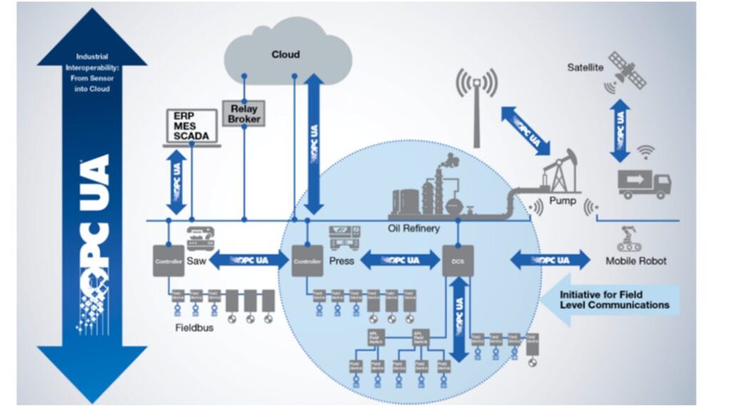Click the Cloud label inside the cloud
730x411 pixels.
click(286, 54)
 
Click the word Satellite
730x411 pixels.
click(585, 68)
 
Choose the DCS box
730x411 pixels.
click(457, 261)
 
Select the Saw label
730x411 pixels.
click(196, 261)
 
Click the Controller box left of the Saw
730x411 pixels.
click(168, 261)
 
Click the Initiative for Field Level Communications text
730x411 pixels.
click(615, 299)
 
